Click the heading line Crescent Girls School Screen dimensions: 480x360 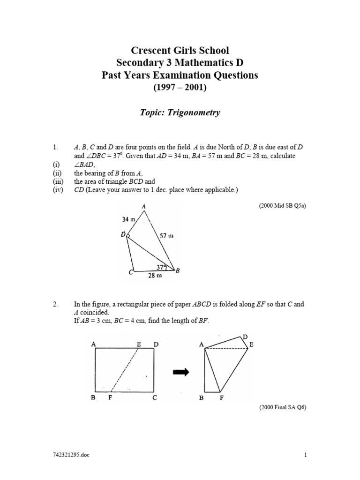180,50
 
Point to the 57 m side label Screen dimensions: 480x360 166,236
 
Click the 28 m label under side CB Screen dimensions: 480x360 155,276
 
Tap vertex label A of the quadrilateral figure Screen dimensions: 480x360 143,206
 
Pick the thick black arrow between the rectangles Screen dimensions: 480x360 180,372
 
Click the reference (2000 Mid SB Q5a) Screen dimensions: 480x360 282,205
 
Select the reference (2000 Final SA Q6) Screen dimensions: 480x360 282,407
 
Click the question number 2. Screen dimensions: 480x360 55,304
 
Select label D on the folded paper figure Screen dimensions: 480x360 244,337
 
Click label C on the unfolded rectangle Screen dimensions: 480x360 154,398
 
